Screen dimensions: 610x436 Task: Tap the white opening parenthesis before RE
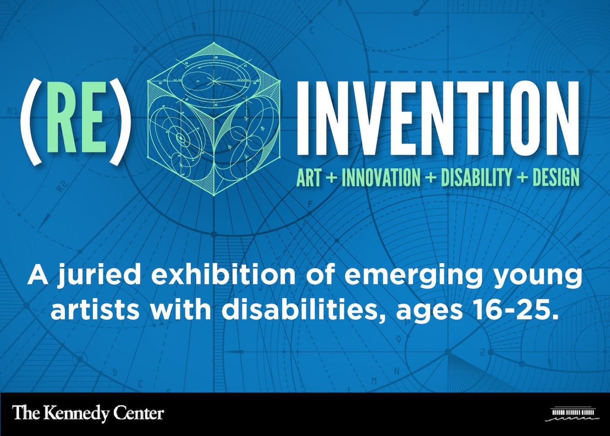click(30, 122)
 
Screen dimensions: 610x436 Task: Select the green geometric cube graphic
click(214, 119)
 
